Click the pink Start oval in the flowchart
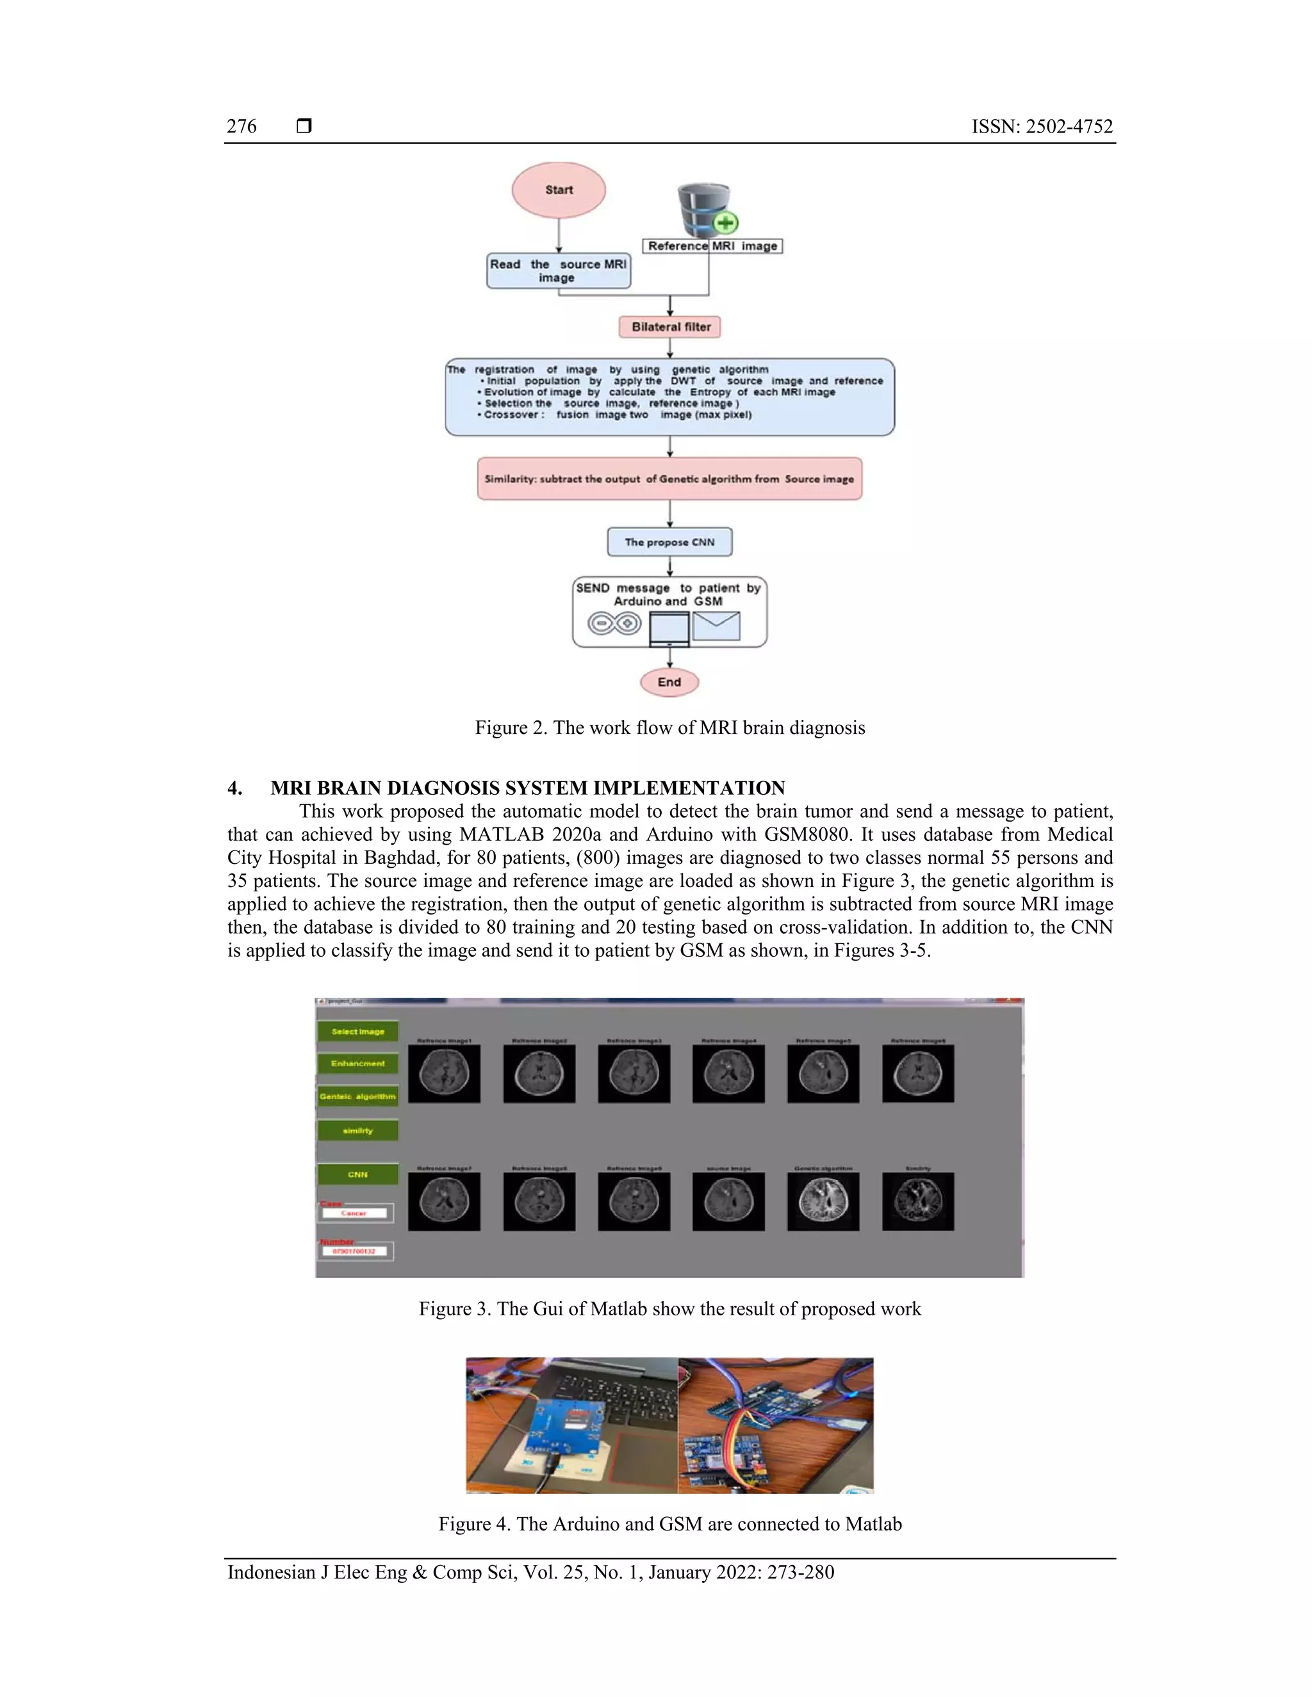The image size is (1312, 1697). pos(558,190)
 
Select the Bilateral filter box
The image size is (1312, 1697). pos(670,327)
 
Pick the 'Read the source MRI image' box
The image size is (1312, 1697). pos(558,271)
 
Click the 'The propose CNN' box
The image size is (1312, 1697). pos(669,542)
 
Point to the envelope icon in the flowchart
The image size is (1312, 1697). pos(716,626)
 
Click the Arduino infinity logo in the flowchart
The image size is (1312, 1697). pos(614,624)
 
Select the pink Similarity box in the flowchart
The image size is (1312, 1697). pos(669,478)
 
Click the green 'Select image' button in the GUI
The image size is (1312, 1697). pos(357,1032)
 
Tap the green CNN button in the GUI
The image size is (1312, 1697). pos(357,1174)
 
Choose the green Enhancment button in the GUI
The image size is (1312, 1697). pos(357,1064)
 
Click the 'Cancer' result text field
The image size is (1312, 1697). pos(354,1213)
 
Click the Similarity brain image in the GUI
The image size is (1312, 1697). pos(918,1202)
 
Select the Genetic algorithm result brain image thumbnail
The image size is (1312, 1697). pos(823,1202)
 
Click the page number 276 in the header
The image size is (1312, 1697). pos(242,127)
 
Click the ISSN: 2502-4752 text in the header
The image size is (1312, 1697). pos(1042,127)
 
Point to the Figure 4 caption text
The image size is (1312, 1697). pos(670,1523)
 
